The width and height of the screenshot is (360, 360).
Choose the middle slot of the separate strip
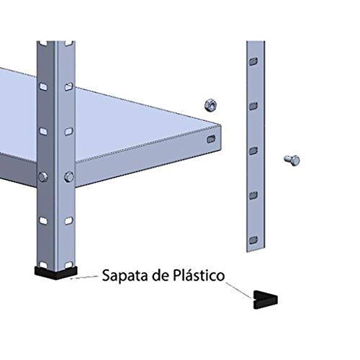(253, 150)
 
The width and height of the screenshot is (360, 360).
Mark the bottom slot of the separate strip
(252, 239)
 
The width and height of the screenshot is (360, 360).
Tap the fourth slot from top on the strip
(253, 195)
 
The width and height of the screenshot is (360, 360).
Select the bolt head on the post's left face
(43, 176)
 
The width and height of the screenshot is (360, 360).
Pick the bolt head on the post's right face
(68, 176)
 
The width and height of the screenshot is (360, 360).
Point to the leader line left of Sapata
(83, 276)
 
